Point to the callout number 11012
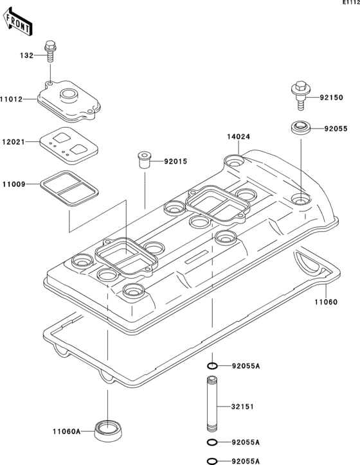tap(12, 99)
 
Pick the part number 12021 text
tap(12, 141)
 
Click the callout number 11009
tap(12, 184)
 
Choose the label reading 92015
tap(175, 161)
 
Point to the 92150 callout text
tap(332, 98)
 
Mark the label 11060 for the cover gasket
tap(325, 301)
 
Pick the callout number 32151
tap(244, 407)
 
